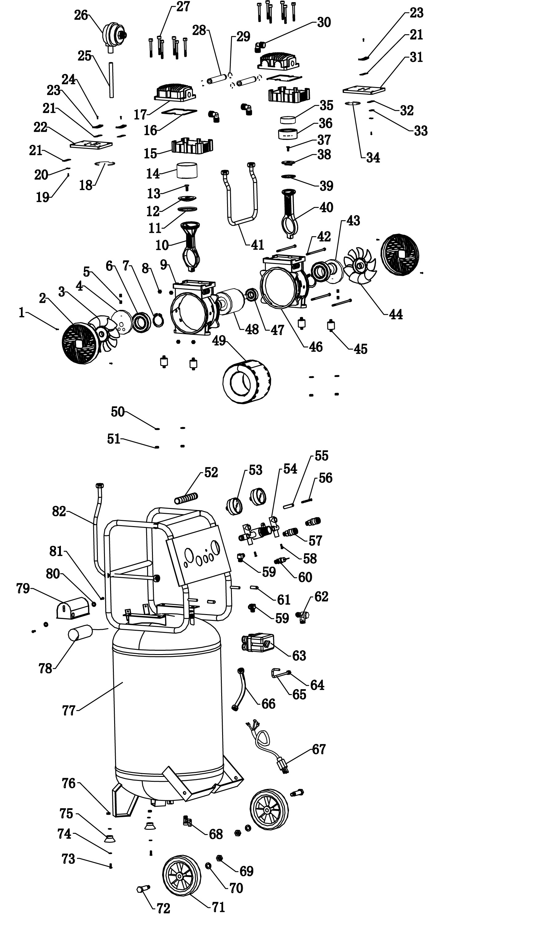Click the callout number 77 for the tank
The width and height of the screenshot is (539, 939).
[x=69, y=711]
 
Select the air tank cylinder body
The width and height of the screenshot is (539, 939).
[x=169, y=703]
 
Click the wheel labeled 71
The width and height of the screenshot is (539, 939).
[x=182, y=875]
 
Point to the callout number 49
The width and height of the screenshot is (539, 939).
[x=219, y=341]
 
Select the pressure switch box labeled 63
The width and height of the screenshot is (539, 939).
[x=258, y=642]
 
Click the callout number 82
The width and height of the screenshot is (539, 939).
[x=59, y=512]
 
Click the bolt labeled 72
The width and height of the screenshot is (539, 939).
[x=143, y=888]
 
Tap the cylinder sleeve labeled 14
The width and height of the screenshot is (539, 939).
[x=187, y=170]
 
